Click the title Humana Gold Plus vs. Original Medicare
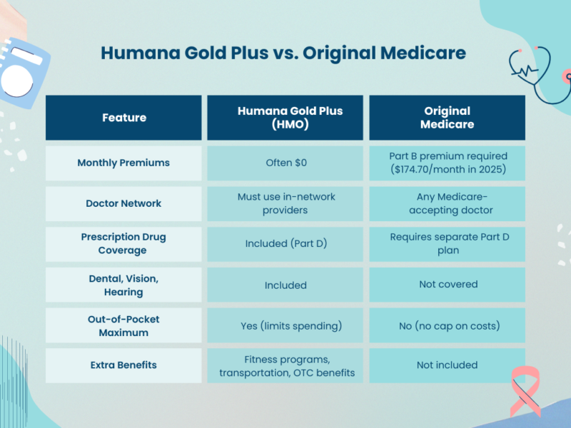coord(283,53)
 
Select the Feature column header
coord(123,118)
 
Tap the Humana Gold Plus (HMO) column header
coord(285,118)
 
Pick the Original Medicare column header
coord(447,118)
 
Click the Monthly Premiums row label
coord(123,163)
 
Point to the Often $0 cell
coord(285,163)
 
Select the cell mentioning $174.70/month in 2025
coord(447,163)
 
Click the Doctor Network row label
coord(123,203)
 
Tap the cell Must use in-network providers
coord(285,203)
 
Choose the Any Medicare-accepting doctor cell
coord(447,203)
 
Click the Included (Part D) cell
coord(285,244)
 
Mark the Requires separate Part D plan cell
coord(447,244)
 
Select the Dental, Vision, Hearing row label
coord(123,285)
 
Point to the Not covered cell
coord(447,285)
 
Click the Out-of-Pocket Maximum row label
coord(123,325)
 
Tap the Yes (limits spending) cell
coord(285,325)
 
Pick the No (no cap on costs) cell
coord(447,325)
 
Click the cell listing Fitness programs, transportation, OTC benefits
coord(285,365)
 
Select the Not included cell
coord(447,365)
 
